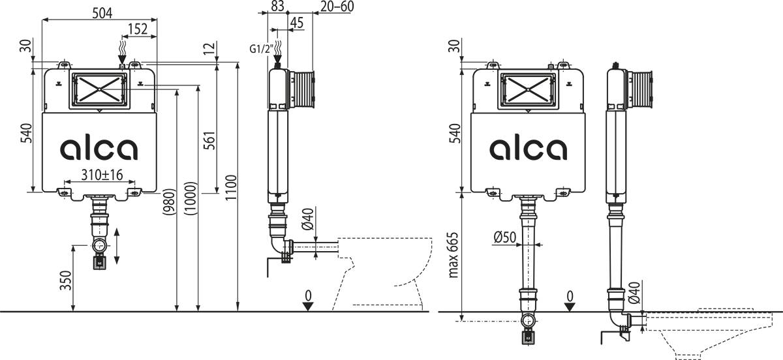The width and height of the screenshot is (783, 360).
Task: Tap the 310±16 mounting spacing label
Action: point(102,174)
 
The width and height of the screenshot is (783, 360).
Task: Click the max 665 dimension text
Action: point(454,255)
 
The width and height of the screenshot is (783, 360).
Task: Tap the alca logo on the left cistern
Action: point(99,149)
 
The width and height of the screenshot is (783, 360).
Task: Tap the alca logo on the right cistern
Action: point(529,149)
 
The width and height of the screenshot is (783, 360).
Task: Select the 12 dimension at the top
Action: point(208,48)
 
